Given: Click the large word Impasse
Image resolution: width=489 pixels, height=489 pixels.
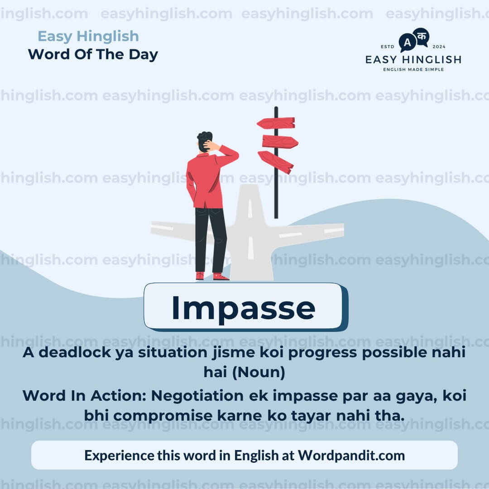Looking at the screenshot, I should (x=243, y=308).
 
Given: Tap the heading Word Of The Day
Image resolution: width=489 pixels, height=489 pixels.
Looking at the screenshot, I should (x=93, y=54).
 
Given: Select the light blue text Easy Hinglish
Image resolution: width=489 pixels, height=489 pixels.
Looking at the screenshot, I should (x=88, y=36).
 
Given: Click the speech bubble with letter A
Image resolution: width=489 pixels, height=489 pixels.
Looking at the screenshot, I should (x=407, y=43).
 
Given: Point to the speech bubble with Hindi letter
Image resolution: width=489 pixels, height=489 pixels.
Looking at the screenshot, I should (x=421, y=36).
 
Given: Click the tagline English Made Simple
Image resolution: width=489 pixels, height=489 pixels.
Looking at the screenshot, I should (x=413, y=69).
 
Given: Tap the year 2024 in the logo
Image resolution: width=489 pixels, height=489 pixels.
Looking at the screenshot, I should (x=439, y=47).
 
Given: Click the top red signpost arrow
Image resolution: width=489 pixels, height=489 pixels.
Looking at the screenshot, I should (x=276, y=123).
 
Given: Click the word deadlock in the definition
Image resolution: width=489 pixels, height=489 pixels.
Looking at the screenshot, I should (x=73, y=353).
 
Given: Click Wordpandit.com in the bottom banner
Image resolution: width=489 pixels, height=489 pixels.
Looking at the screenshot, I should (x=351, y=455).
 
